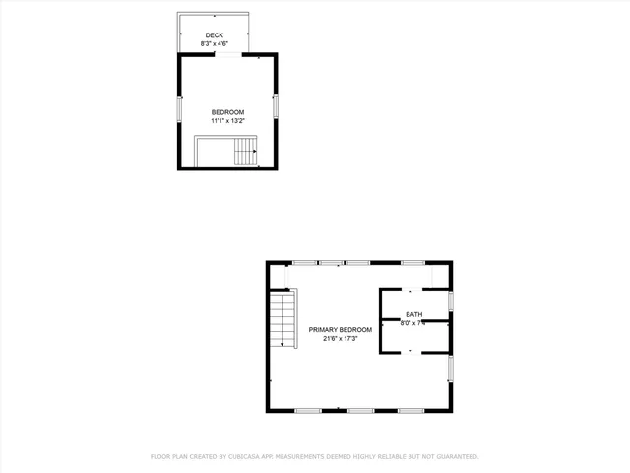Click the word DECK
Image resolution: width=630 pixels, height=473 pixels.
tap(214, 35)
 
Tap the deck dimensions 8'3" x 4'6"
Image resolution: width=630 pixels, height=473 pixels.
tap(214, 44)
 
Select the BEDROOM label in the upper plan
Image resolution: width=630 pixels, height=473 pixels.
tap(227, 112)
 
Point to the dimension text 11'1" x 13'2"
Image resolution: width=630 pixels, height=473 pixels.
tap(227, 121)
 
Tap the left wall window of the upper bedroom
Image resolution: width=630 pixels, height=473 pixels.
tap(179, 108)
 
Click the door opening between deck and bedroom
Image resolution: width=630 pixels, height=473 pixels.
tap(227, 55)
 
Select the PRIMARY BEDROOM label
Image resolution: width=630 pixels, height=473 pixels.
tap(341, 329)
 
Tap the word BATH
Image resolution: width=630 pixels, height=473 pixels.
tap(412, 314)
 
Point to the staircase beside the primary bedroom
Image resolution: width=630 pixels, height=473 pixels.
tap(283, 319)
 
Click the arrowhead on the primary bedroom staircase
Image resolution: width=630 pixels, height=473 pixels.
tap(283, 345)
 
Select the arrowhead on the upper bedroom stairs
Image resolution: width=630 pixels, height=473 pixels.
tap(255, 153)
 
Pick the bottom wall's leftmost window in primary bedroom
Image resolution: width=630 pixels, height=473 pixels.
tap(307, 410)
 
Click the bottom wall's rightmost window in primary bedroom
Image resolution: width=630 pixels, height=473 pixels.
tap(410, 410)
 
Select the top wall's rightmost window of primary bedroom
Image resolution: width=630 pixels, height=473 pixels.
tap(412, 262)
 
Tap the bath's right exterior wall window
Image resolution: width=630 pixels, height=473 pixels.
tap(451, 300)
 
